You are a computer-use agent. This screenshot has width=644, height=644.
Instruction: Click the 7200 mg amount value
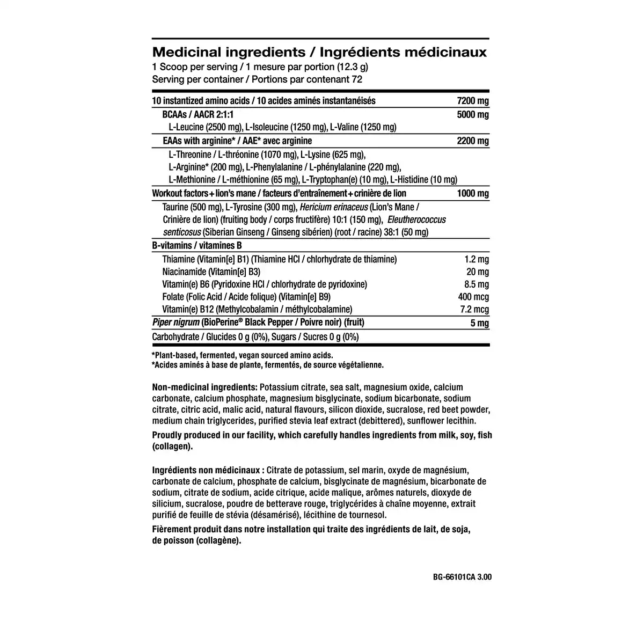473,101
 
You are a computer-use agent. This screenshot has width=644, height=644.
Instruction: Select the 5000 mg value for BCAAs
473,115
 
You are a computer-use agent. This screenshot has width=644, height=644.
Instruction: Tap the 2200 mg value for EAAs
473,141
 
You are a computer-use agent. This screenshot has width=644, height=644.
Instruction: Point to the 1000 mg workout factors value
473,194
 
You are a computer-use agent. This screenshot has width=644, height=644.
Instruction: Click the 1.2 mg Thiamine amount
477,260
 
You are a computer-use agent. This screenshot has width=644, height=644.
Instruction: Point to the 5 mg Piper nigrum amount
479,323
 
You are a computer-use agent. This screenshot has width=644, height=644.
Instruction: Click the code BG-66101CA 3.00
462,577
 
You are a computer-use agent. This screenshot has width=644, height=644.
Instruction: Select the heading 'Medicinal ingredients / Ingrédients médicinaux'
319,52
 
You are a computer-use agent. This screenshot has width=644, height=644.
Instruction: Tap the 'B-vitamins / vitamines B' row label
197,246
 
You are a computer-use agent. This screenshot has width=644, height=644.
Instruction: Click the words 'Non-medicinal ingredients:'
204,387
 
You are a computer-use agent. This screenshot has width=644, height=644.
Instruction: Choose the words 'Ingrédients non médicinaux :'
208,470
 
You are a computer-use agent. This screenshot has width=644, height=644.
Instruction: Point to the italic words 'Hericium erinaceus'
334,207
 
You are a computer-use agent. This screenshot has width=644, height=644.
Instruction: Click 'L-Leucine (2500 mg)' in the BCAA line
205,127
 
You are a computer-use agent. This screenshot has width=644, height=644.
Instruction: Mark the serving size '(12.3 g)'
353,67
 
